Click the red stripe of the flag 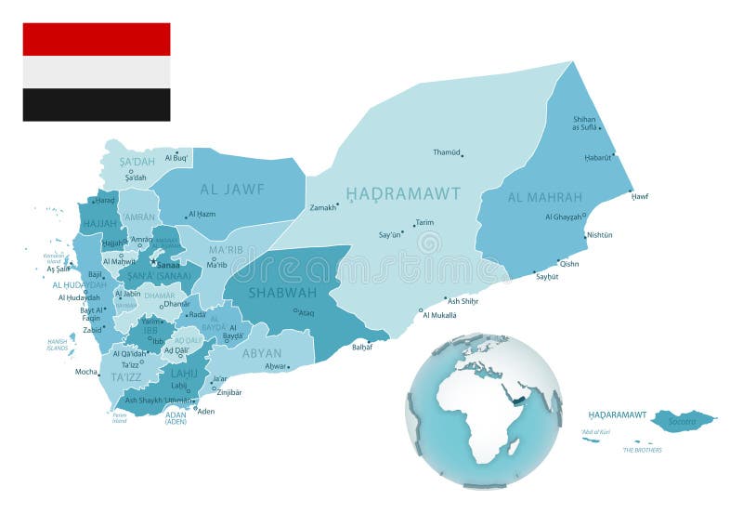coord(97,39)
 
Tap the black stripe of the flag coord(97,105)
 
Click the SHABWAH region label coord(282,292)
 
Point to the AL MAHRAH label coord(545,197)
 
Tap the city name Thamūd coord(446,151)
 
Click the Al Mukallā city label coord(439,315)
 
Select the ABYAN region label coord(262,353)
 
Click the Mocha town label coord(86,371)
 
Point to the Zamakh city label coord(323,207)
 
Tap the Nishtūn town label coord(599,235)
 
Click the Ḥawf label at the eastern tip coord(640,196)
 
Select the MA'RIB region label coord(226,250)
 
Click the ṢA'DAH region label coord(137,161)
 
